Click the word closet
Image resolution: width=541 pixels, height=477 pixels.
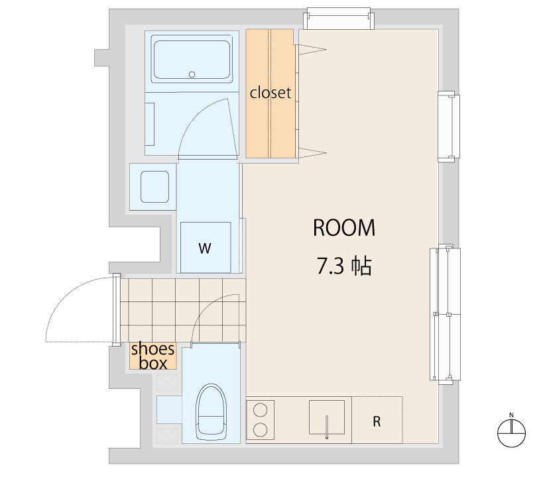(270, 93)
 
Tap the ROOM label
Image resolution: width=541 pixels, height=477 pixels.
(344, 228)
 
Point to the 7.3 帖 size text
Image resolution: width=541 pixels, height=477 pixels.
(344, 266)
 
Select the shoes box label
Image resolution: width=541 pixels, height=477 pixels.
(153, 356)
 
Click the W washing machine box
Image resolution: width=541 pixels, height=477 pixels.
(206, 248)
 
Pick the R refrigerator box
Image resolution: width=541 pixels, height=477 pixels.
(377, 420)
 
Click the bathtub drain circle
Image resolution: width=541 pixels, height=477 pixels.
(192, 74)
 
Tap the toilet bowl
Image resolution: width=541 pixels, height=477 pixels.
(211, 412)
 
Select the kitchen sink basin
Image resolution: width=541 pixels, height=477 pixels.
(327, 417)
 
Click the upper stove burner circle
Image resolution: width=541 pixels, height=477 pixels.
(260, 410)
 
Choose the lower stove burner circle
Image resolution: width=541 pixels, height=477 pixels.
(260, 429)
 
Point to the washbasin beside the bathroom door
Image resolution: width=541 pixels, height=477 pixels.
(154, 187)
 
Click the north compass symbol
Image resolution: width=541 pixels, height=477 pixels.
(511, 433)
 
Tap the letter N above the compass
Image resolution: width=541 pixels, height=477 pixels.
(511, 415)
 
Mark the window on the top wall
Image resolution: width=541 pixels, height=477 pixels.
(339, 19)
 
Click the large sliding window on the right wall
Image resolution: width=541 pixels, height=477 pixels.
(445, 314)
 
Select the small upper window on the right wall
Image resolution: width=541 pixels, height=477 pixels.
(449, 127)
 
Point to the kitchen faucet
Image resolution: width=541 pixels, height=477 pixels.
(327, 427)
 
